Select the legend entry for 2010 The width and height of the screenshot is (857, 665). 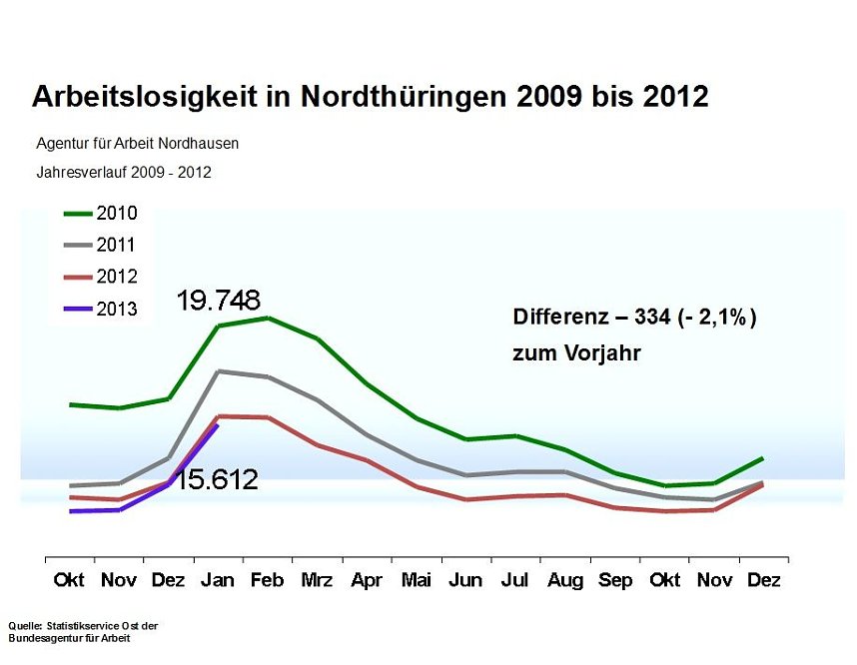101,213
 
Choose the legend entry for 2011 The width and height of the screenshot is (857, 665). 101,245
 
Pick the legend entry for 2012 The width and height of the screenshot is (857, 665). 101,277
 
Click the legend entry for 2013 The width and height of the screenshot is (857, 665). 101,309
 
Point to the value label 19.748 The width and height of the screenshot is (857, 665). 219,300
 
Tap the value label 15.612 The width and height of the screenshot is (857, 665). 217,479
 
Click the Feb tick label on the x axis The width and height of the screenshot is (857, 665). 267,580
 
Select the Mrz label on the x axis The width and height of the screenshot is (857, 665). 317,580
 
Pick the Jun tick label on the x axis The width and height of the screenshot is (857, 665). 465,580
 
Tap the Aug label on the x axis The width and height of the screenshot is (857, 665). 564,580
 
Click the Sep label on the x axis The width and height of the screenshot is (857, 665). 614,580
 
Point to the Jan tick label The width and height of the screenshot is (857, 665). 218,580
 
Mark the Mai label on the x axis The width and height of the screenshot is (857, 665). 416,580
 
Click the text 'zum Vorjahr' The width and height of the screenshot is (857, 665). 576,353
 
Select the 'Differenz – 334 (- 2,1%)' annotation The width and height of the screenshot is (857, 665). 634,318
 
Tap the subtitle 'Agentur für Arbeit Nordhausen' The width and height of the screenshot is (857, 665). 137,143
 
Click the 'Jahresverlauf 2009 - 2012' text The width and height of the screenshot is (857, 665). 123,172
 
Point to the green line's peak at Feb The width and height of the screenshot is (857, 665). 268,318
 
